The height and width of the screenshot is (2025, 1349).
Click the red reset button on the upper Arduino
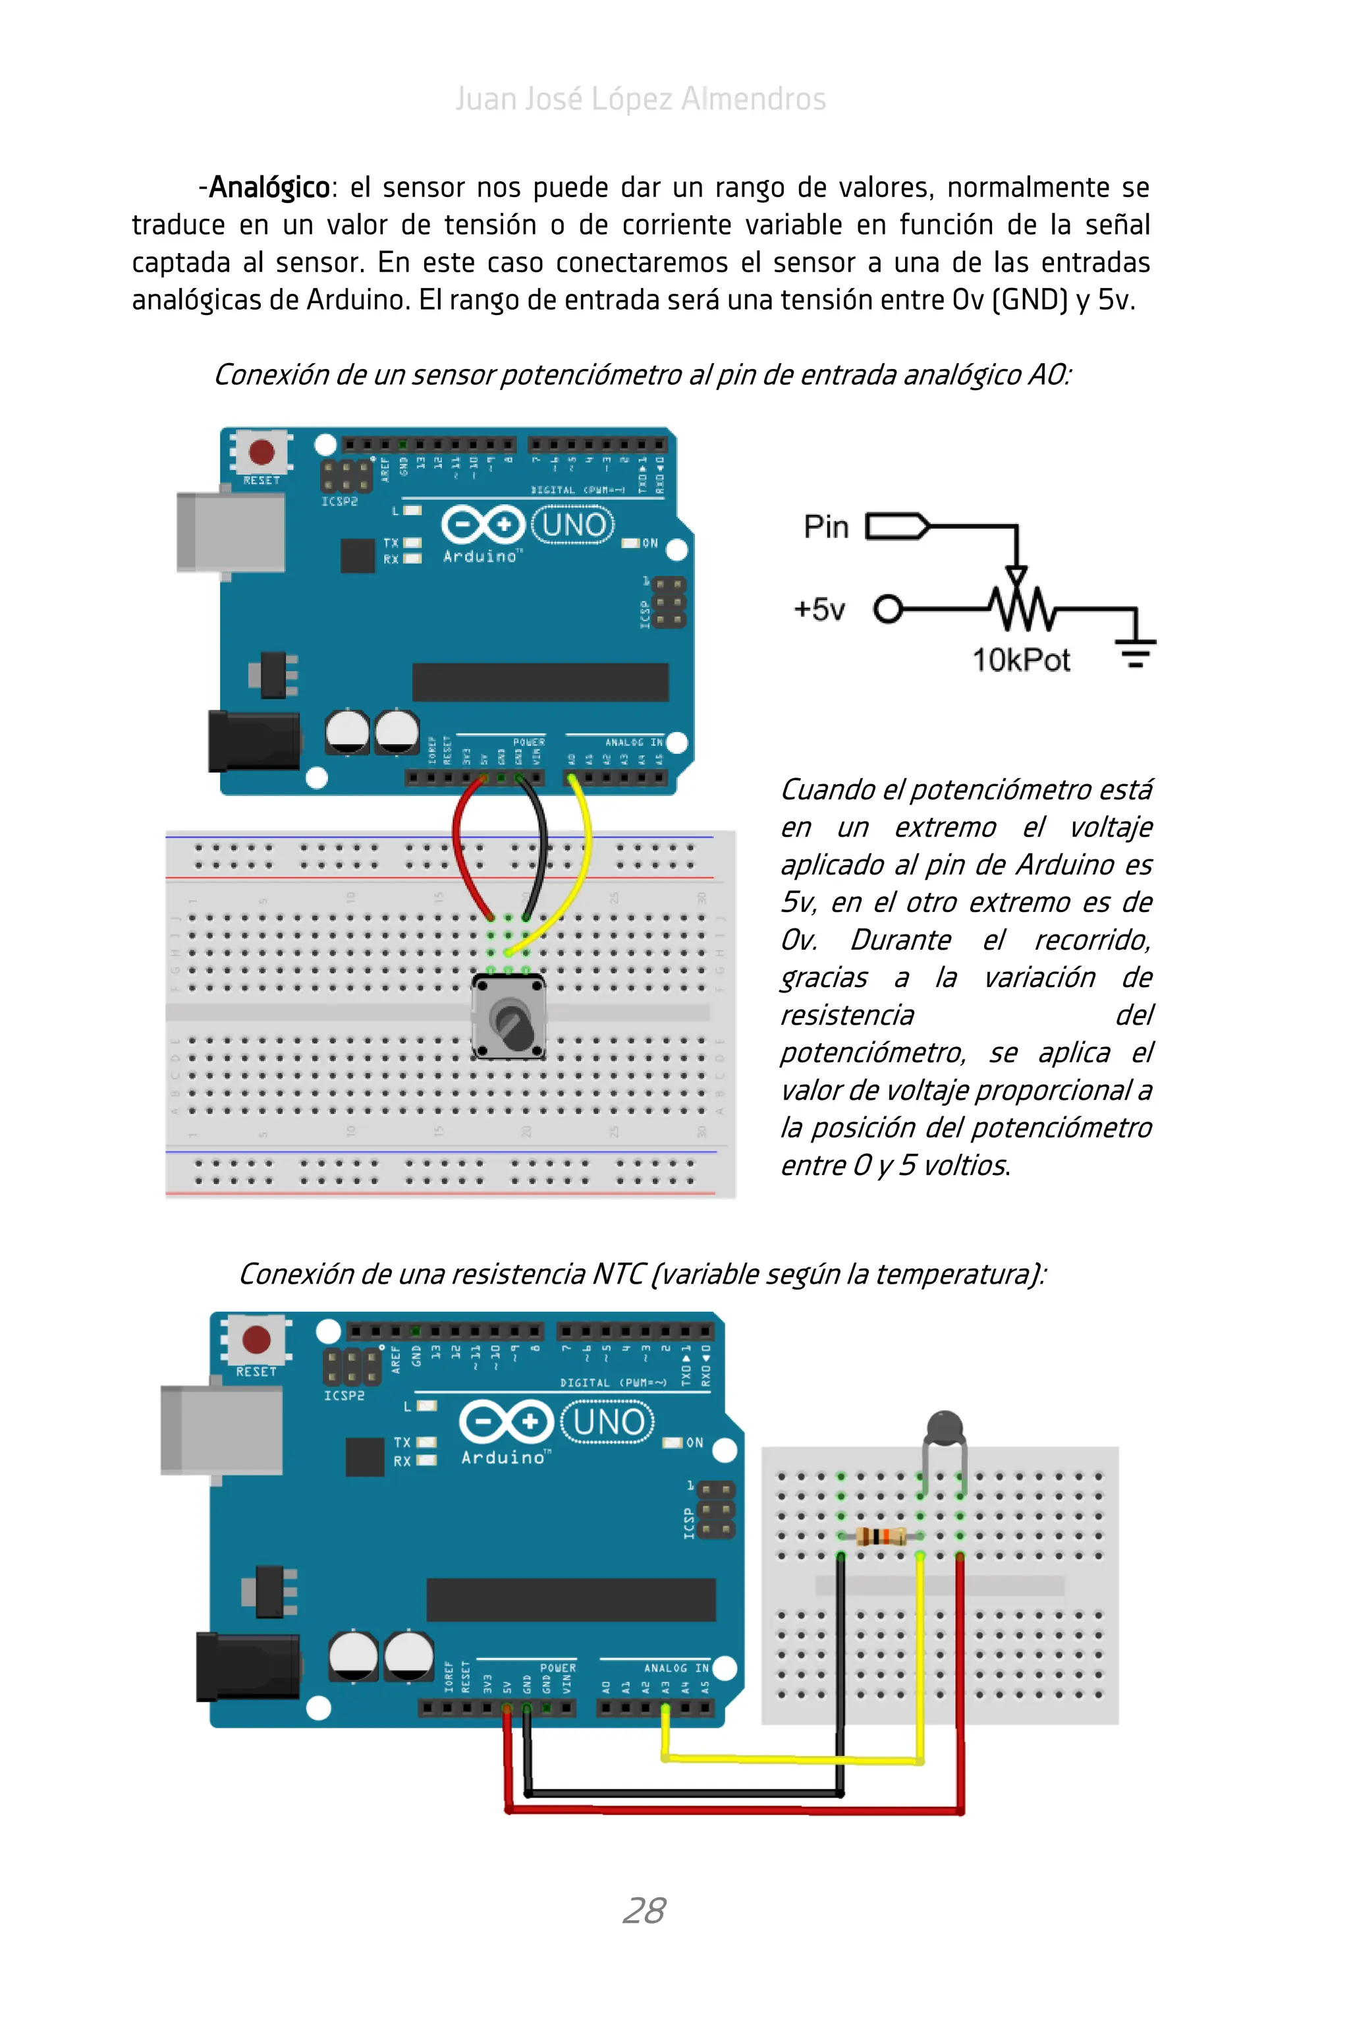click(262, 451)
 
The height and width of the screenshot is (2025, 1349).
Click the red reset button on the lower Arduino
click(256, 1339)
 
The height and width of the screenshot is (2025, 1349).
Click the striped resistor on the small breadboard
click(881, 1535)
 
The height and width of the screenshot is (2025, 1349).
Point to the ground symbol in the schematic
click(1136, 650)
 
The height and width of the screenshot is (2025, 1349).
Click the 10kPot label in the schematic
click(1020, 660)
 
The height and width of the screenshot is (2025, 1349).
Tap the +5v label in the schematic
click(819, 610)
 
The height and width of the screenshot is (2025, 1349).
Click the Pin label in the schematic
click(826, 527)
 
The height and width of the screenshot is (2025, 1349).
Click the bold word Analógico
click(269, 186)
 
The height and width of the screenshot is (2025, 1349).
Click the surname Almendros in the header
click(754, 99)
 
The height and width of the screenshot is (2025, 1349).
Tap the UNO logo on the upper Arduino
click(573, 524)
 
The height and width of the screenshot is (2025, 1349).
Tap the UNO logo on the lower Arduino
click(607, 1421)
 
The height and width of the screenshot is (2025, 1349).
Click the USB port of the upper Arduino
click(231, 531)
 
